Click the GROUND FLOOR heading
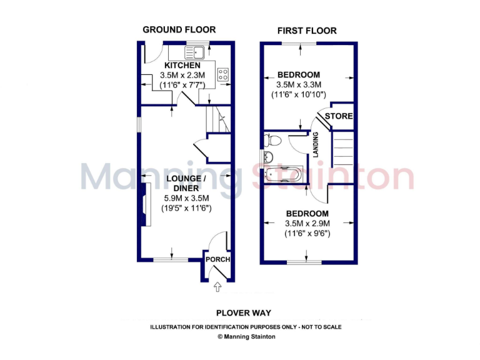click(179, 29)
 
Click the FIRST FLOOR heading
click(307, 31)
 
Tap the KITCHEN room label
click(182, 66)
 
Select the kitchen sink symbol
click(196, 51)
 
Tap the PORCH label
click(218, 259)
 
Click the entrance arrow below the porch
click(217, 287)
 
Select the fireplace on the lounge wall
click(144, 204)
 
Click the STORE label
click(338, 116)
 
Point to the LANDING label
click(316, 145)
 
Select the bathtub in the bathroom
click(284, 174)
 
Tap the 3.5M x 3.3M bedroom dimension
click(299, 85)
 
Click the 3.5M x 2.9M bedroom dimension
click(307, 223)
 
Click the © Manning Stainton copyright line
click(246, 336)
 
